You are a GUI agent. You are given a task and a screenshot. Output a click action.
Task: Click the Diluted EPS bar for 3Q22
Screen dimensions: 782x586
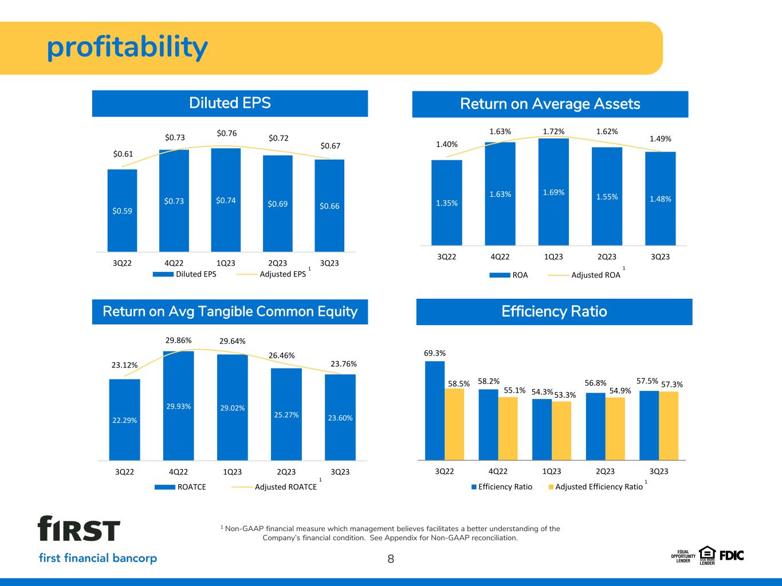coord(122,210)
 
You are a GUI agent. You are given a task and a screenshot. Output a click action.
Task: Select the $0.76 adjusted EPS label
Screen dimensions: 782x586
coord(227,133)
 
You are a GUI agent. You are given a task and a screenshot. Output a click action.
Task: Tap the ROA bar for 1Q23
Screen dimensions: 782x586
coord(553,192)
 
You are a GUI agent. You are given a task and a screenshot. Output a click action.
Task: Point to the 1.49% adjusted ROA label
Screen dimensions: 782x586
coord(660,138)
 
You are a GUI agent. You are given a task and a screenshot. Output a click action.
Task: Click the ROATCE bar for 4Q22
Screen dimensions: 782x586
coord(179,406)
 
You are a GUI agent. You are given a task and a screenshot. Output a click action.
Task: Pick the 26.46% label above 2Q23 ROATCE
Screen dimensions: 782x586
coord(281,355)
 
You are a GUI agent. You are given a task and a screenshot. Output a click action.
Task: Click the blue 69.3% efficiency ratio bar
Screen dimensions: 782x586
coord(435,410)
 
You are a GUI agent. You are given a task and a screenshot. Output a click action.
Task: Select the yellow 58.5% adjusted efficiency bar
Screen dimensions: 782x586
coord(454,424)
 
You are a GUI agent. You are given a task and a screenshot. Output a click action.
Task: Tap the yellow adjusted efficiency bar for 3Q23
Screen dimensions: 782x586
coord(669,426)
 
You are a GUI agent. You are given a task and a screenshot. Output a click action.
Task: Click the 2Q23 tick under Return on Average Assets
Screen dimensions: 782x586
coord(607,257)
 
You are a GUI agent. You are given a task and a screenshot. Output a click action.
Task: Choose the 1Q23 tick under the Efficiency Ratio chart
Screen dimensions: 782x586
coord(552,472)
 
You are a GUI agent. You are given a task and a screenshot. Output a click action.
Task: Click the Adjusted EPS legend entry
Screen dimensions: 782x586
coord(273,274)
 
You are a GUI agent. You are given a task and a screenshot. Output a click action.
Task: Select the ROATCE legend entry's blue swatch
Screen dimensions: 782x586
coord(164,487)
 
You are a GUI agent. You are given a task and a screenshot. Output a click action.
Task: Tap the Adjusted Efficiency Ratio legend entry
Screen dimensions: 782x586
coord(596,487)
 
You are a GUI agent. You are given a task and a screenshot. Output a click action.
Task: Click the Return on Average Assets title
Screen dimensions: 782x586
coord(550,104)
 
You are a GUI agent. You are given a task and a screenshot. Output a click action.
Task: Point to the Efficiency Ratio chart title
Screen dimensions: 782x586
coord(555,311)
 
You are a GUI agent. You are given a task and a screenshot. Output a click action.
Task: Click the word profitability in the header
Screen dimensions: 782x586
coord(127,47)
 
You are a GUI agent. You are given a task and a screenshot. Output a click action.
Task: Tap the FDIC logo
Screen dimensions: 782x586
coord(732,556)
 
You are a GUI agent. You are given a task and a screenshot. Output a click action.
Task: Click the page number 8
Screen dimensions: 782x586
coord(391,559)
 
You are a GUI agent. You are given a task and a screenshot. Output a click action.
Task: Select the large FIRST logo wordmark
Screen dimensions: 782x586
coord(78,529)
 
